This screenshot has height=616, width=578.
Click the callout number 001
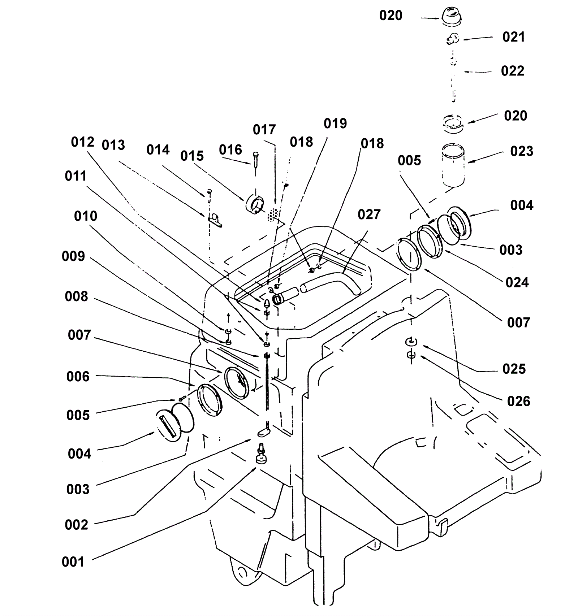[73, 562]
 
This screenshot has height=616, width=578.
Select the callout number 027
[369, 214]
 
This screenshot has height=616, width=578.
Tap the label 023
[522, 151]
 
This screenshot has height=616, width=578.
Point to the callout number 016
[230, 150]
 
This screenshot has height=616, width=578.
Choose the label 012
[83, 142]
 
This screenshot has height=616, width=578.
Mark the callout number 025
[514, 369]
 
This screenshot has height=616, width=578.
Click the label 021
[514, 37]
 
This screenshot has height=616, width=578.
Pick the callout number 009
[73, 256]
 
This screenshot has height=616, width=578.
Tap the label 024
[517, 282]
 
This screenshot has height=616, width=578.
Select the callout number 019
[335, 123]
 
